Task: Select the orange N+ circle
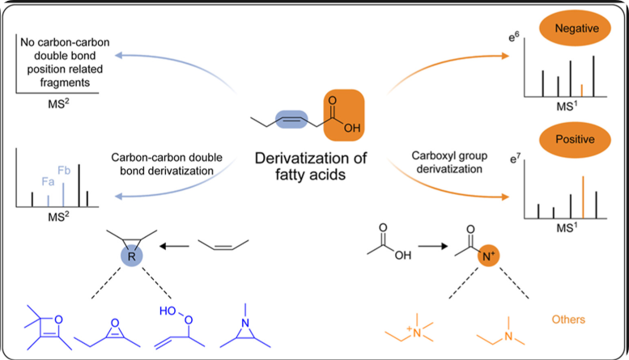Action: tap(481, 261)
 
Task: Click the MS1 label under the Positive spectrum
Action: tap(571, 233)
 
